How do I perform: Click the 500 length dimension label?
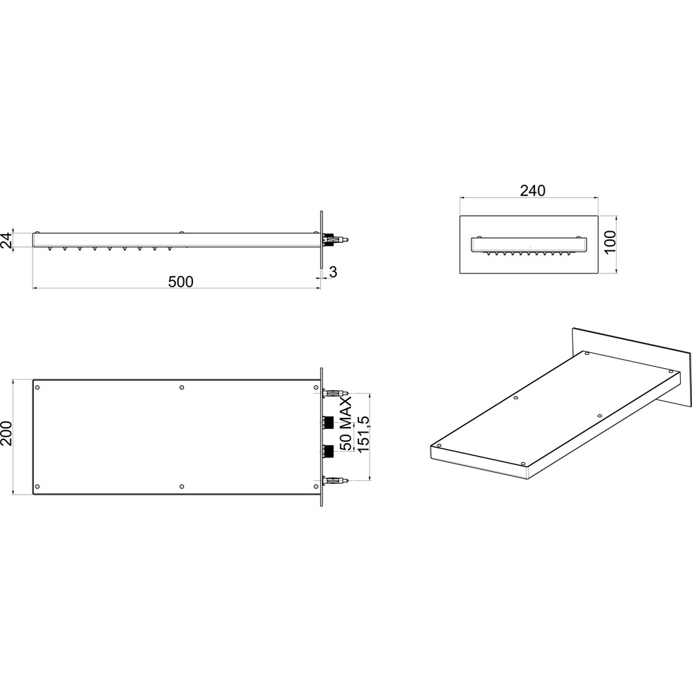pyautogui.click(x=181, y=282)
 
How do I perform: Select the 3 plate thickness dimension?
pyautogui.click(x=334, y=272)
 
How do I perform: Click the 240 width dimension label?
pyautogui.click(x=533, y=190)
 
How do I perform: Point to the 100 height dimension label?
pyautogui.click(x=610, y=242)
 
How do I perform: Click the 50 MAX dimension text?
pyautogui.click(x=345, y=424)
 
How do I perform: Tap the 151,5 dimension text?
pyautogui.click(x=363, y=434)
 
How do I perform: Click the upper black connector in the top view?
pyautogui.click(x=328, y=422)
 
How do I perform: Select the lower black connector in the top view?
pyautogui.click(x=328, y=451)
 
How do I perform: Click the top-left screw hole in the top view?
pyautogui.click(x=37, y=388)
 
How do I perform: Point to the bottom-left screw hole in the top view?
pyautogui.click(x=37, y=486)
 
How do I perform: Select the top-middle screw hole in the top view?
pyautogui.click(x=182, y=388)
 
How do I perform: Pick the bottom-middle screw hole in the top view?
pyautogui.click(x=182, y=486)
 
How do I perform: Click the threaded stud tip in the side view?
pyautogui.click(x=349, y=239)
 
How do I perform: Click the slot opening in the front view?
pyautogui.click(x=529, y=246)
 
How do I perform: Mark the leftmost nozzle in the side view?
pyautogui.click(x=49, y=248)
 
